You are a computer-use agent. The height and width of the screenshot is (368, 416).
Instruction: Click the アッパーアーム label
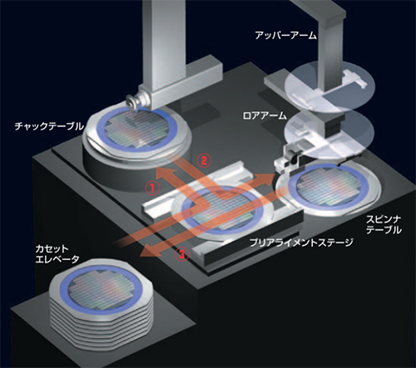[x=285, y=36]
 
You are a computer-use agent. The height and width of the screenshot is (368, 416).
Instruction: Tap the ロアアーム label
[x=265, y=115]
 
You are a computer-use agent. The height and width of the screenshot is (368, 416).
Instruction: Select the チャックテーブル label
[x=49, y=126]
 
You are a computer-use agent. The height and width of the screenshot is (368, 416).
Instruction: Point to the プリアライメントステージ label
[x=301, y=243]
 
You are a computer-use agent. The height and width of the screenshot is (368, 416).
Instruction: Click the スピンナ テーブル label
[x=384, y=224]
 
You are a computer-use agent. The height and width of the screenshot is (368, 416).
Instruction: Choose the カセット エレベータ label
[x=57, y=253]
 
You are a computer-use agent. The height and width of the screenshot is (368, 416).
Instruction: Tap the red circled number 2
[x=204, y=160]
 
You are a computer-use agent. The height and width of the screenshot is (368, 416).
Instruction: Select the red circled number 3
[x=181, y=254]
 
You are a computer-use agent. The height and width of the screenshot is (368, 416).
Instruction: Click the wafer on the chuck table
[x=137, y=130]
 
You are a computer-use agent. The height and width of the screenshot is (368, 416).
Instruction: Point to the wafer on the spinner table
[x=329, y=187]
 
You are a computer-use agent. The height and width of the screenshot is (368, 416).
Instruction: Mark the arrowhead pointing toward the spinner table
[x=268, y=175]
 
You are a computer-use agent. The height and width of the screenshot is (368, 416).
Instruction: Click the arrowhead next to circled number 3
[x=147, y=253]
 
